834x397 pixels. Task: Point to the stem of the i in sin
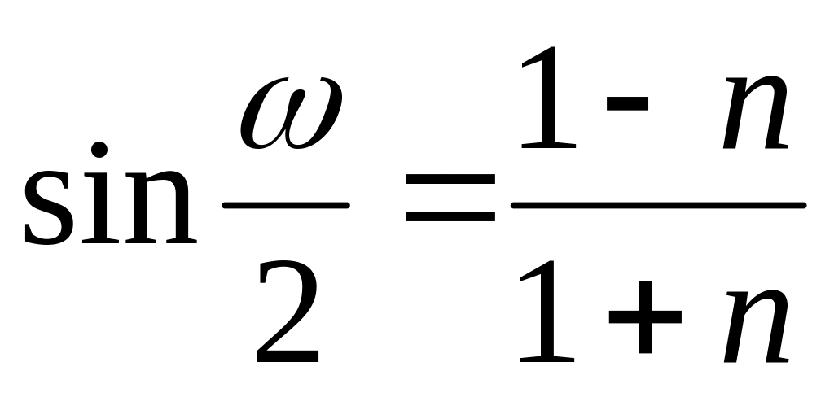tap(99, 211)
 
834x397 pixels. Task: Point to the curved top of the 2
tap(288, 268)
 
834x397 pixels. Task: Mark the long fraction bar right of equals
tap(658, 205)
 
